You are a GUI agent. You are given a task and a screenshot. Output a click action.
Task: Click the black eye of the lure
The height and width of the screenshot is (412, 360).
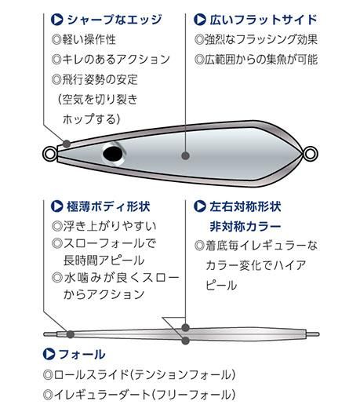pos(114,154)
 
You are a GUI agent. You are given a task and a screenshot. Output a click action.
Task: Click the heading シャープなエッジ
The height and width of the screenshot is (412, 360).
pos(115,20)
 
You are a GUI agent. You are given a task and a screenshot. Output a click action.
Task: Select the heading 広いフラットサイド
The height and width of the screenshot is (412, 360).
pos(264,20)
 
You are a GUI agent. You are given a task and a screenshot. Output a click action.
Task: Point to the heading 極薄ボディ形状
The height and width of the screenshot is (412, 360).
pos(108,206)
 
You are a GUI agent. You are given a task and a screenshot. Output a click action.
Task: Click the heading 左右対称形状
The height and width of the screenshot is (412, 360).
pos(245,206)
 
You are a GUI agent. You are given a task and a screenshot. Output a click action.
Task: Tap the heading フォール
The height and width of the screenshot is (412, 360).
pos(82,354)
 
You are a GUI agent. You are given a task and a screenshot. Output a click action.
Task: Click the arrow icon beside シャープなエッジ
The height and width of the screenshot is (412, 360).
pos(56,20)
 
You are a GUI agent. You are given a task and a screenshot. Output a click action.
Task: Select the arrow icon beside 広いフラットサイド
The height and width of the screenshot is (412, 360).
pos(200,20)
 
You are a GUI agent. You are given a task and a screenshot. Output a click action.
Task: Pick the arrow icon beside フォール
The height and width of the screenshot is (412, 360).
pos(49,354)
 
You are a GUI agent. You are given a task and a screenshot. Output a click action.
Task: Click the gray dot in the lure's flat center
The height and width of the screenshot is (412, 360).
pos(185,155)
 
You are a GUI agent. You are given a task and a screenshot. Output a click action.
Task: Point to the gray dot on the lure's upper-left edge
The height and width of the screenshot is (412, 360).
pos(67,144)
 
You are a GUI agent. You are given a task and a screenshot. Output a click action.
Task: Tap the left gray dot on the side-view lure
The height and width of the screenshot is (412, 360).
pos(70,334)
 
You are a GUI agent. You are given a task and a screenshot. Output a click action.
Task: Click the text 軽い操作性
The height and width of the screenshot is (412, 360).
pos(89,39)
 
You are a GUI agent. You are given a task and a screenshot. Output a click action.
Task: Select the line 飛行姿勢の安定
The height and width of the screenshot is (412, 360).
pos(100,79)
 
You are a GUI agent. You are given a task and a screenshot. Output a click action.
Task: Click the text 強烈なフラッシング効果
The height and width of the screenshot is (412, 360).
pos(261,39)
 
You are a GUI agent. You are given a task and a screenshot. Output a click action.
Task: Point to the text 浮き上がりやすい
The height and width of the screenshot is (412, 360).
pos(110,226)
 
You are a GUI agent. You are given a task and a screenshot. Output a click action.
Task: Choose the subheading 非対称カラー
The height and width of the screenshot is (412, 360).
pos(245,227)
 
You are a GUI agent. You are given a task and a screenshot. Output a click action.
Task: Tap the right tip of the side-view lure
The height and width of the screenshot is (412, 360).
pos(318,334)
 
